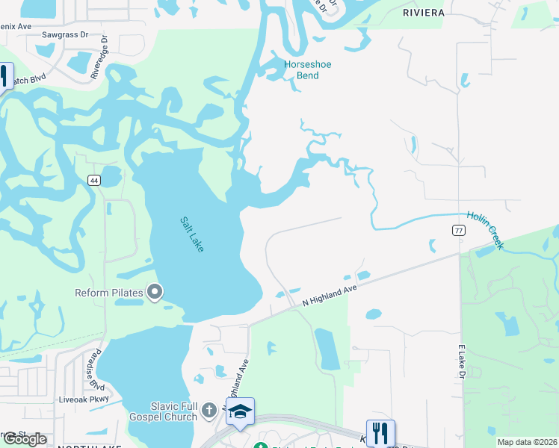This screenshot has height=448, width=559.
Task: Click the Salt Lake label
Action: tap(192, 234)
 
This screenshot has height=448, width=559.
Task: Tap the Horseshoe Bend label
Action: tap(307, 70)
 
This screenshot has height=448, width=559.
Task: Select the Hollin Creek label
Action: tap(486, 230)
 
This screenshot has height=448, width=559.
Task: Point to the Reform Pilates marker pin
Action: tap(155, 292)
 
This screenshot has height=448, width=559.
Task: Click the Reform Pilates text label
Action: tap(110, 292)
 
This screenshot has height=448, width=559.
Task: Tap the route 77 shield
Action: tap(459, 231)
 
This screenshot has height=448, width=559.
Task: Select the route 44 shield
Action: tap(93, 180)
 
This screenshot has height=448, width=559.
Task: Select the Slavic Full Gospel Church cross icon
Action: tap(210, 410)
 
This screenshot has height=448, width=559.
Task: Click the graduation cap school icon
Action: tap(240, 411)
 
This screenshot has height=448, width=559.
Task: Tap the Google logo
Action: tap(25, 439)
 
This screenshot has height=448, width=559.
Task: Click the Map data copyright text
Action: tap(527, 442)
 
